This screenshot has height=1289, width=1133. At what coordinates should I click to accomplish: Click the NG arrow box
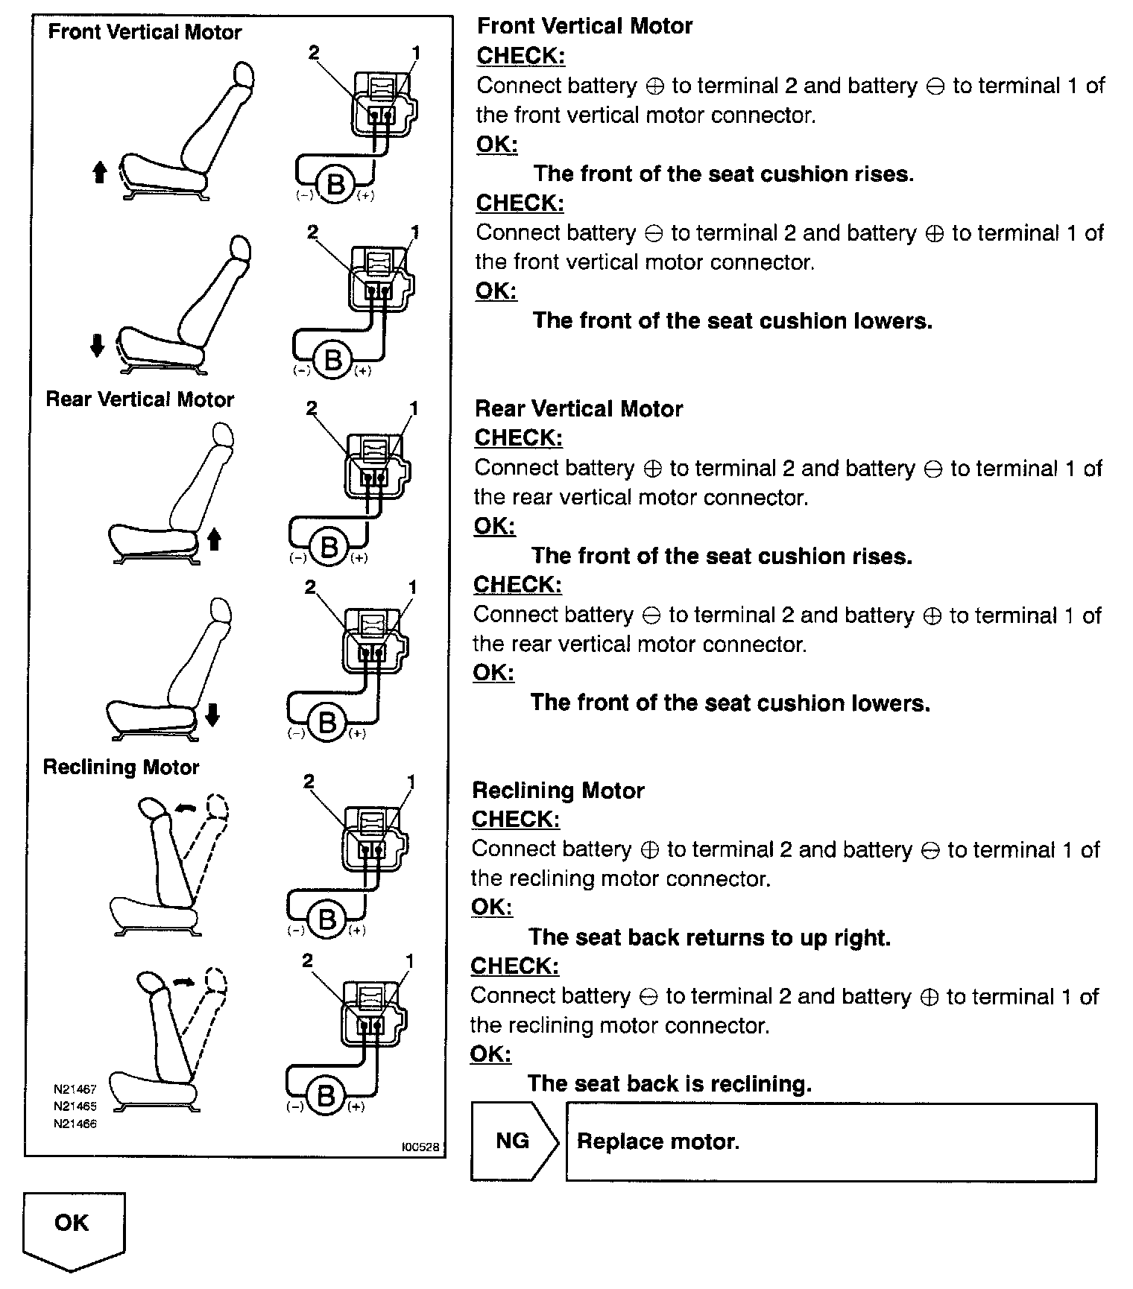click(x=514, y=1141)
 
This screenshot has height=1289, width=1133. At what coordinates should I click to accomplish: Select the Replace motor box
click(x=830, y=1141)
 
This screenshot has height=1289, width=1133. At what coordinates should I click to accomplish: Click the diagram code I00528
click(x=420, y=1147)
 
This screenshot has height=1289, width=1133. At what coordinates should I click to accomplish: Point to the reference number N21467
click(x=75, y=1089)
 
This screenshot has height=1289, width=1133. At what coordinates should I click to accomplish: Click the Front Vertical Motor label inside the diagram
click(x=145, y=33)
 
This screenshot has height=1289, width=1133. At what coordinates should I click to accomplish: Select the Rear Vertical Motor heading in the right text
click(x=578, y=409)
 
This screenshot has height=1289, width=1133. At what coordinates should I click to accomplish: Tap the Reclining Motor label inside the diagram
click(x=121, y=767)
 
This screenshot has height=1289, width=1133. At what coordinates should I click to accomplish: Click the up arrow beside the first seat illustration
click(x=99, y=173)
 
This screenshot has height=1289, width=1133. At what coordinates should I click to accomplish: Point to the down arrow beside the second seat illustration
click(x=97, y=346)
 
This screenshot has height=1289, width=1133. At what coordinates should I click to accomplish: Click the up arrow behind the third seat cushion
click(x=214, y=539)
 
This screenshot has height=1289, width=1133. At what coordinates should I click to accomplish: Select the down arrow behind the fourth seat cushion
click(x=212, y=715)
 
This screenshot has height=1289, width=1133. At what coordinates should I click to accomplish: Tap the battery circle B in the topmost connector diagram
click(x=336, y=183)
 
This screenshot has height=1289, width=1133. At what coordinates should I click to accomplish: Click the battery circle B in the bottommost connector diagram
click(x=325, y=1096)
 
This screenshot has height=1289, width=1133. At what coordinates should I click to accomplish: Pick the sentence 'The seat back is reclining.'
click(x=669, y=1083)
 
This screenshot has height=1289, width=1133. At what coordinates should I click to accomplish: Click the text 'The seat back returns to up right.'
click(x=709, y=937)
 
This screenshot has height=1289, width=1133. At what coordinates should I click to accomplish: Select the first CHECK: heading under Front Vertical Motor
click(x=520, y=56)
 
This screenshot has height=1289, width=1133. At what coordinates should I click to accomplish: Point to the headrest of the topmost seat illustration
click(x=243, y=76)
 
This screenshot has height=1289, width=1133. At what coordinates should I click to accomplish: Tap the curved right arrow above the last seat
click(x=183, y=984)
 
